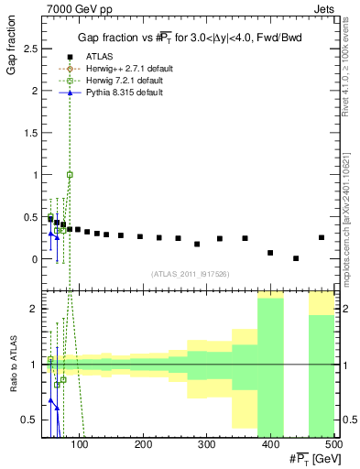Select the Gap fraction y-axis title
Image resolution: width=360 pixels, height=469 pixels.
coord(11,42)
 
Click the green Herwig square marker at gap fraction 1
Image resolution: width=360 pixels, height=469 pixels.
coord(70,174)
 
